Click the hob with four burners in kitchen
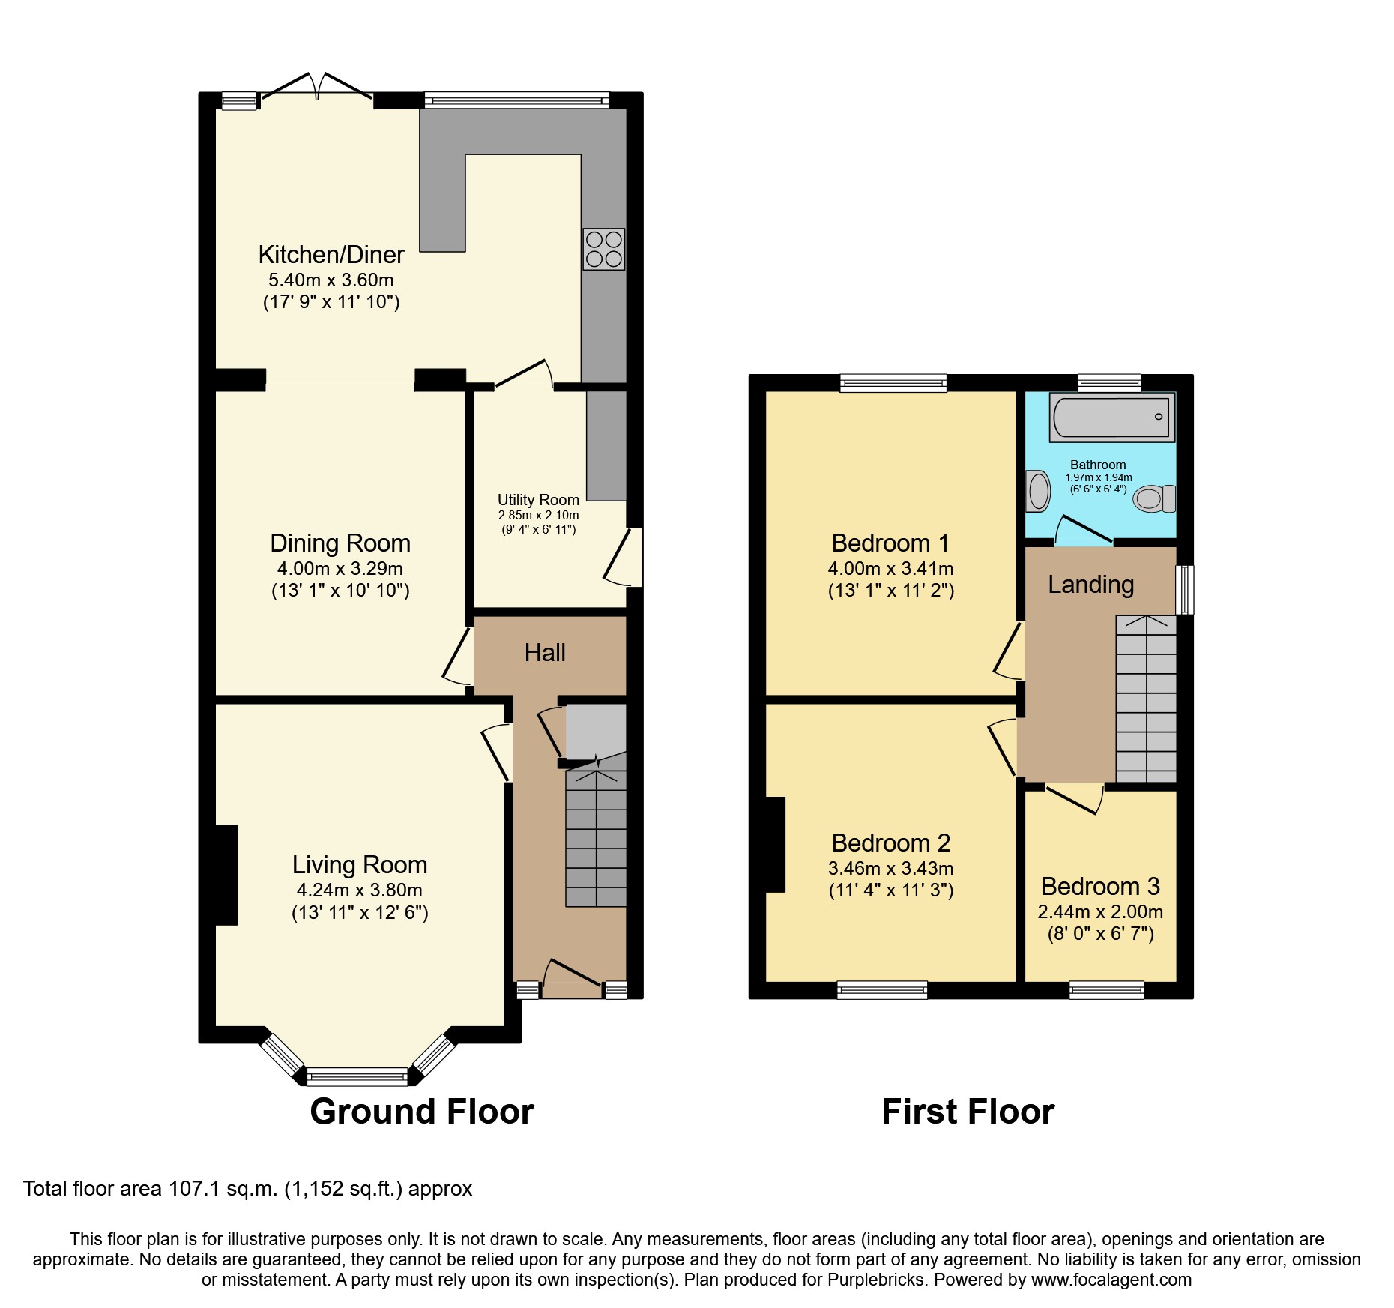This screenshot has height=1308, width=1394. [603, 249]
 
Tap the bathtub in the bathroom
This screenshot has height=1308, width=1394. [1111, 416]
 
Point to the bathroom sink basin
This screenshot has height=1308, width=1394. [1038, 491]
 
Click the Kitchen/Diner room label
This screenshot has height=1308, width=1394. [331, 255]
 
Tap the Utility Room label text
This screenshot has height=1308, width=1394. [538, 500]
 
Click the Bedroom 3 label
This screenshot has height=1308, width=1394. [1100, 887]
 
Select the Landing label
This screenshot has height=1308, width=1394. [1090, 585]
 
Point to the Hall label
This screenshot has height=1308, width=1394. [545, 653]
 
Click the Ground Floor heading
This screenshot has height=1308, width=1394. [422, 1111]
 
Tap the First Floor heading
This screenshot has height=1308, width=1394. [968, 1111]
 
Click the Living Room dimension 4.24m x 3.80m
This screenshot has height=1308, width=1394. [360, 890]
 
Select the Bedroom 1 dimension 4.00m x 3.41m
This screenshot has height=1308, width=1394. [890, 568]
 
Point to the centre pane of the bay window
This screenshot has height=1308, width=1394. [357, 1077]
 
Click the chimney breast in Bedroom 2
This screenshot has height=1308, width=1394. [775, 845]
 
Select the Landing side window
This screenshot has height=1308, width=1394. [1185, 590]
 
